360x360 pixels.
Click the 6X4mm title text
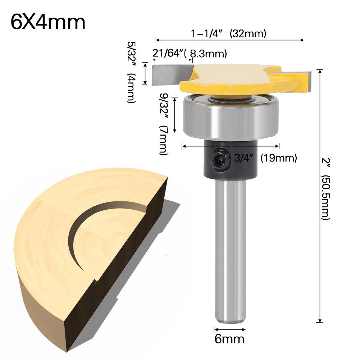point(48,23)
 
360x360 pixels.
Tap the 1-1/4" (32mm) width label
point(228,34)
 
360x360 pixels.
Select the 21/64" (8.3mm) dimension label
point(189,54)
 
